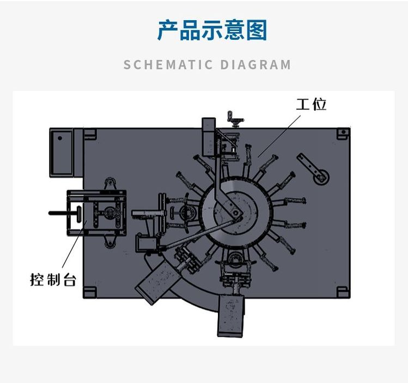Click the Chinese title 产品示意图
pos(212,31)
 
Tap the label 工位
pos(311,104)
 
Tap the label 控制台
pos(53,281)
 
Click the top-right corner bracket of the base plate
pos(343,134)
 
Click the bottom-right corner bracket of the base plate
pos(343,292)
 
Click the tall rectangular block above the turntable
pos(209,136)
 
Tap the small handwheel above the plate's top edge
pos(236,118)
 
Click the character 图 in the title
pos(256,31)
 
